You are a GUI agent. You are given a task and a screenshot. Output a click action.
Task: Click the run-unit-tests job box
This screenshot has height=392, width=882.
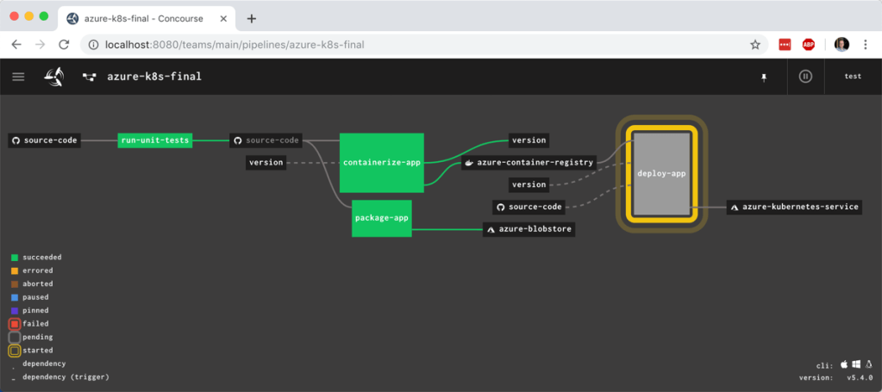155,140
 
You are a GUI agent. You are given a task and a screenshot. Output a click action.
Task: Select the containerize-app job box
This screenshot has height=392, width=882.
382,162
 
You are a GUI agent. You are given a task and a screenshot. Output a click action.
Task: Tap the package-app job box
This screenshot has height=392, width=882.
382,218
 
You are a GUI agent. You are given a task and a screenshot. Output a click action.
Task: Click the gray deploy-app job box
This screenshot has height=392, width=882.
661,173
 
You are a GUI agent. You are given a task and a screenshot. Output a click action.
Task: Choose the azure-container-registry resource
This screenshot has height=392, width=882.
529,162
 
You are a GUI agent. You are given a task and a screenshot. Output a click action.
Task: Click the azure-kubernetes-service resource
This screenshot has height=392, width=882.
793,207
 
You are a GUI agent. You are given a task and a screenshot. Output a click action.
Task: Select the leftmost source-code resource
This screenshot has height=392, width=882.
45,140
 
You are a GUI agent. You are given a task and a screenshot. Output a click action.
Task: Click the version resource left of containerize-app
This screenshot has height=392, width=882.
266,162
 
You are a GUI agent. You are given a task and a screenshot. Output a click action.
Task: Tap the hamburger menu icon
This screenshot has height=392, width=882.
18,76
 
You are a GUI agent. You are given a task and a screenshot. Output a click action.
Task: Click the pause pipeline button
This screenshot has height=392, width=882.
805,76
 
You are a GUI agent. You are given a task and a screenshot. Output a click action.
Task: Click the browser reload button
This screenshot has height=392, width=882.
64,44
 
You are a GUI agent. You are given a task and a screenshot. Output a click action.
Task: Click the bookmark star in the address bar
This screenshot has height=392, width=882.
755,44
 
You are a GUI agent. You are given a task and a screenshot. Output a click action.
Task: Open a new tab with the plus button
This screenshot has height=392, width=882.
252,18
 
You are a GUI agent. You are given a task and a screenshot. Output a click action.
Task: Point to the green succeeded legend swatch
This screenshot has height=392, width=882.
15,257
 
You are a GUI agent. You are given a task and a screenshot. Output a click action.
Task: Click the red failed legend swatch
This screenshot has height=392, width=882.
15,324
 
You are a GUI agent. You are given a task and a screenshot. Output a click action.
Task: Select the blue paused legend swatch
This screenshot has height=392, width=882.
15,297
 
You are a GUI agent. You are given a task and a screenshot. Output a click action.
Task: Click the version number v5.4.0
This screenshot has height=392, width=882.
859,376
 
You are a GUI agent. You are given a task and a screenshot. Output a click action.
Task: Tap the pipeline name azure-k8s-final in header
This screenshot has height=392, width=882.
153,76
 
